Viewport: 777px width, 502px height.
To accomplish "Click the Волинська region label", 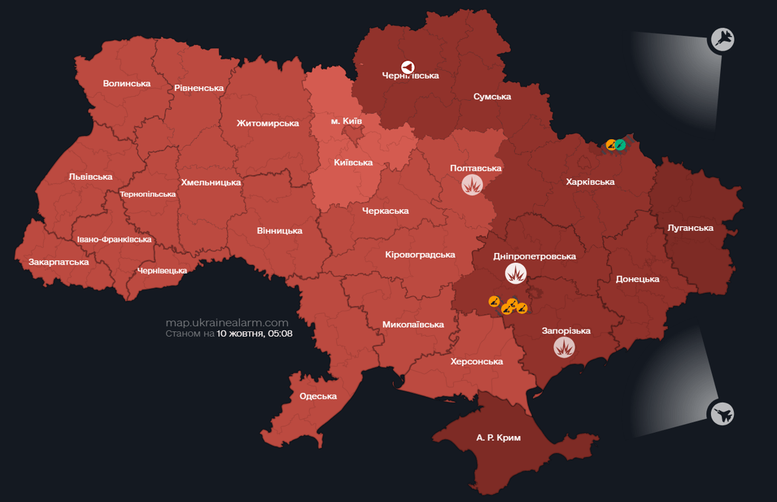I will tap(126, 84).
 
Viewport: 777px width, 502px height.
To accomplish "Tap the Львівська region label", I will tap(90, 176).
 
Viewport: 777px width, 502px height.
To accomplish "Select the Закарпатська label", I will tap(58, 262).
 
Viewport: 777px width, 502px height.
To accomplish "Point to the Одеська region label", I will tap(318, 396).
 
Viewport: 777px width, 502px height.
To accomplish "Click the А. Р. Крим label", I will tap(498, 437).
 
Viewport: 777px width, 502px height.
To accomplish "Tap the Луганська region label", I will tap(690, 228).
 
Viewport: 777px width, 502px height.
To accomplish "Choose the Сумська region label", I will tap(492, 97).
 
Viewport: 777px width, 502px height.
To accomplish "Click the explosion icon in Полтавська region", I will tap(472, 185).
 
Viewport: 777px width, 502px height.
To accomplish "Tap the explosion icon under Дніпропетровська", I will tap(516, 273).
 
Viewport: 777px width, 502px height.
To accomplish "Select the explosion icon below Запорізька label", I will tap(564, 347).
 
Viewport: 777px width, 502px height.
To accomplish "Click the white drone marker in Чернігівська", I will tap(407, 67).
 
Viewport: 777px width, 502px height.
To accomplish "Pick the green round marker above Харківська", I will tap(620, 144).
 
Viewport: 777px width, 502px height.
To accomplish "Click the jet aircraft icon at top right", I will tap(722, 40).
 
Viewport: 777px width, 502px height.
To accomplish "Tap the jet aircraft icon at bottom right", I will tap(721, 414).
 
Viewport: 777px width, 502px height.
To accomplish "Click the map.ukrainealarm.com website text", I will tap(226, 323).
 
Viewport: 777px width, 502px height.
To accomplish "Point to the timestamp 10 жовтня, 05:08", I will tap(254, 333).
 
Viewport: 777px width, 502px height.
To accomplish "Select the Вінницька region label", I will tap(279, 231).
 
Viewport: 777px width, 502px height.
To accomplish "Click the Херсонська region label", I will tap(476, 361).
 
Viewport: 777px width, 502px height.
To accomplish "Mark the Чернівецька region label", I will tap(162, 271).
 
